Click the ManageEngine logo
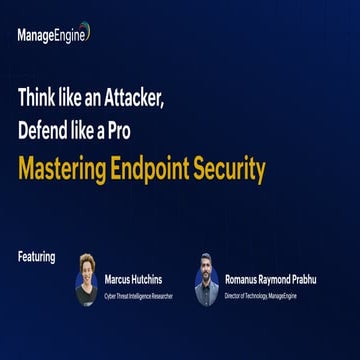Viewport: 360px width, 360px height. point(53,34)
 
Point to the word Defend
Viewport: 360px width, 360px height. point(45,132)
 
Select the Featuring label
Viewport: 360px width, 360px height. point(37,257)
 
